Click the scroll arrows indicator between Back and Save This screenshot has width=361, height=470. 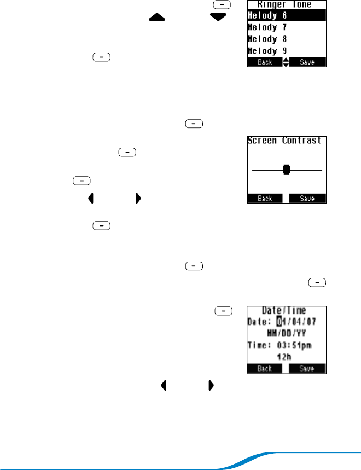tap(285, 62)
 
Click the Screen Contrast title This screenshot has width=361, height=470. tap(285, 140)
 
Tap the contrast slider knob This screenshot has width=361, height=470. tap(286, 170)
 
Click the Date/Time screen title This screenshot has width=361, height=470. tap(285, 310)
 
